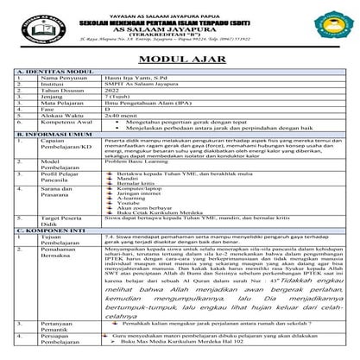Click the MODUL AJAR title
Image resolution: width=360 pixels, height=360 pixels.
[179, 60]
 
